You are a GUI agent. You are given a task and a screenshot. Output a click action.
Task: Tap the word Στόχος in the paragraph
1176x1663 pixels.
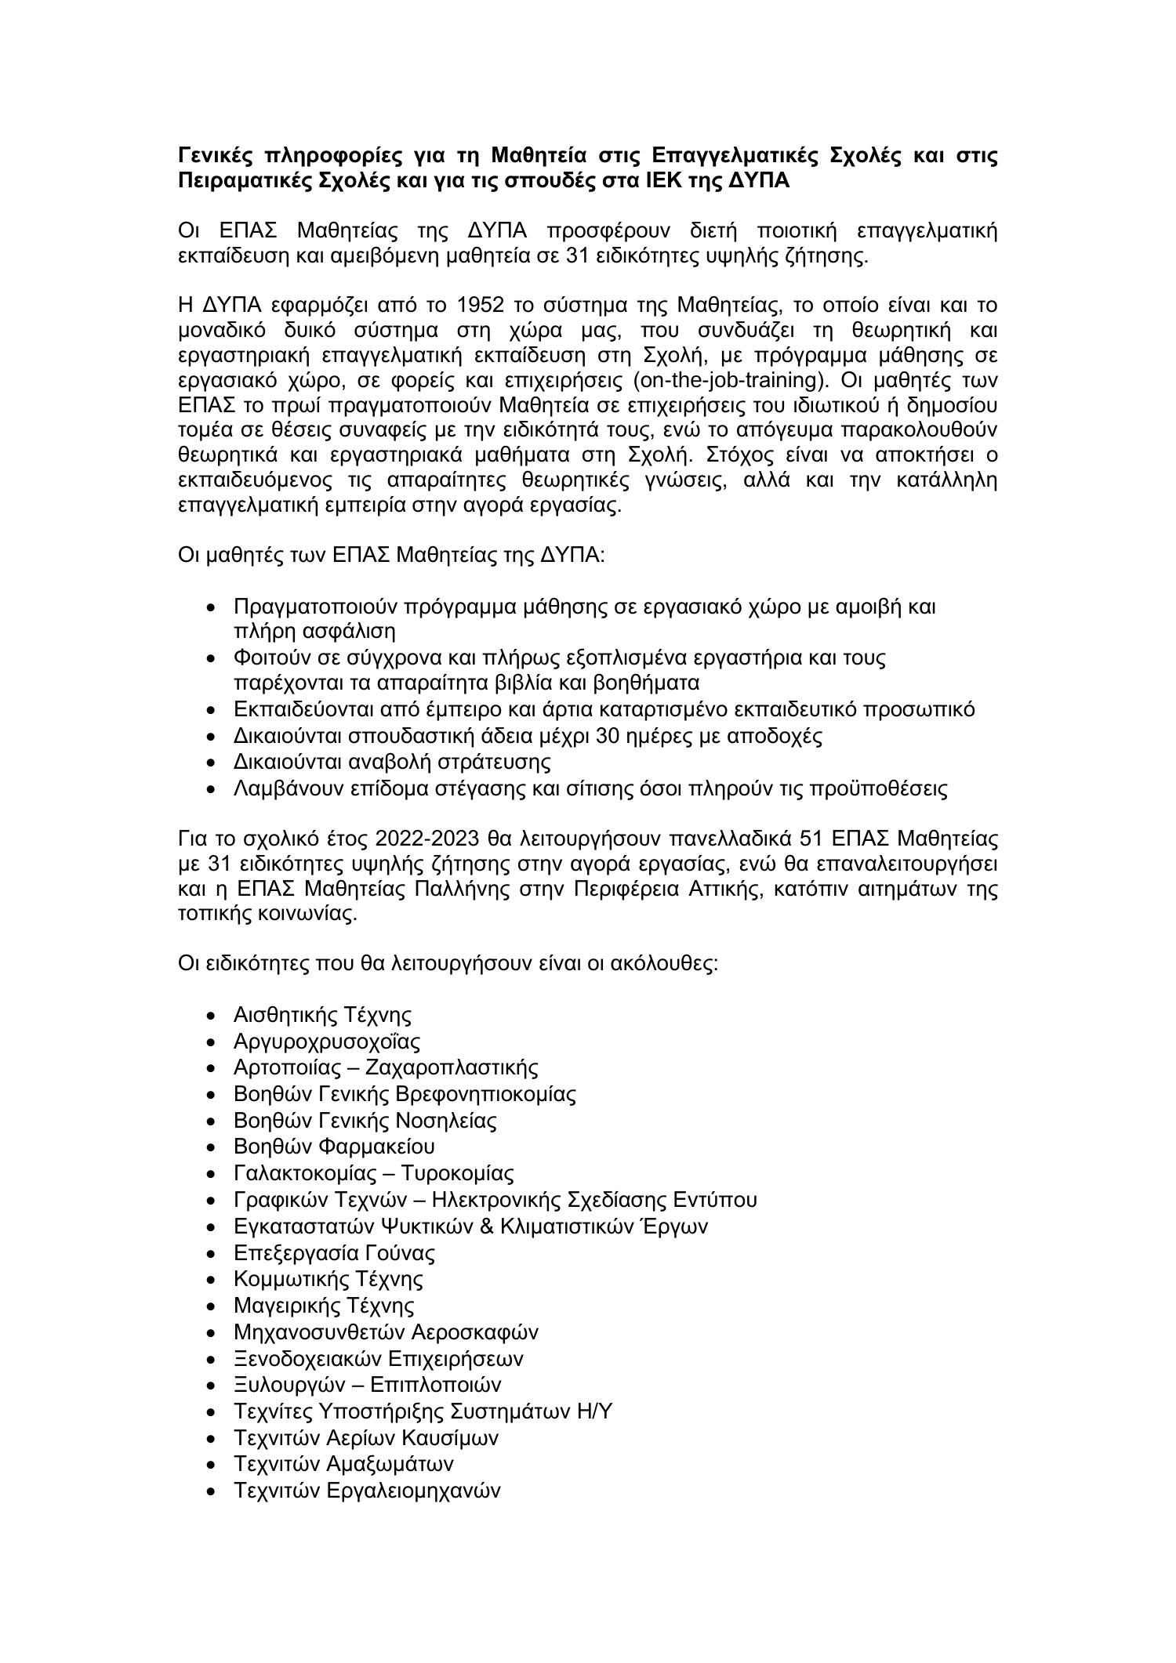(742, 455)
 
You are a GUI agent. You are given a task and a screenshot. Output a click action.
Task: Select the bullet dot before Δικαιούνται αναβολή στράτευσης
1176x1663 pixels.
(210, 763)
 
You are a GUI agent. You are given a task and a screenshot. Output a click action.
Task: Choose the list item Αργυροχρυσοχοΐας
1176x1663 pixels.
(327, 1042)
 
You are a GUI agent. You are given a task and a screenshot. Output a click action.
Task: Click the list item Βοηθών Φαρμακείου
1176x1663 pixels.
(334, 1147)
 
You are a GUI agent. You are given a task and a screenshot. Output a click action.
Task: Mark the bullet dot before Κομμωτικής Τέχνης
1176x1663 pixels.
(210, 1280)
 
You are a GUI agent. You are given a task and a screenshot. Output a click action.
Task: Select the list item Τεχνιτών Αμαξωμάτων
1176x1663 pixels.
(343, 1464)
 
